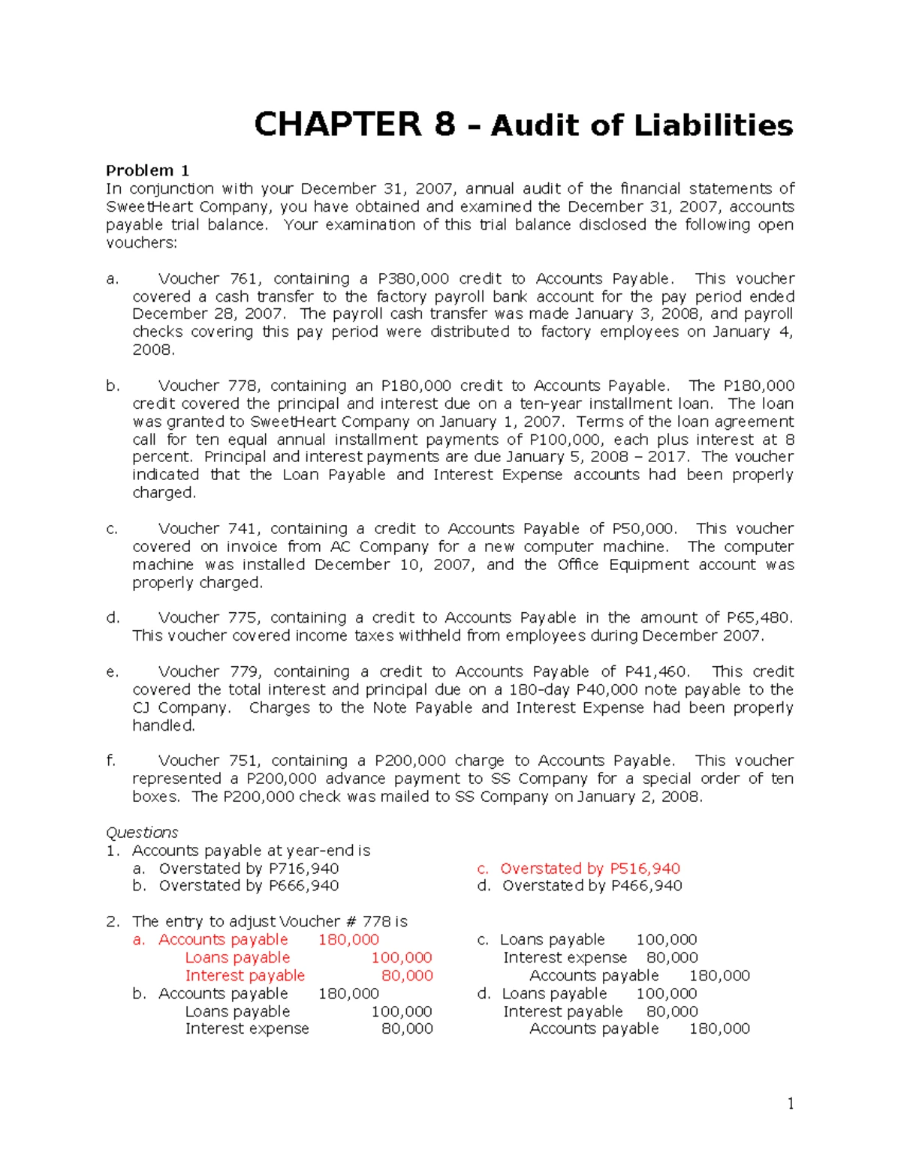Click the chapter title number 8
(x=444, y=124)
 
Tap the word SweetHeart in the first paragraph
(x=143, y=206)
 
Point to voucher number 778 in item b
(x=244, y=386)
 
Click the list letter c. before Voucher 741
(x=112, y=529)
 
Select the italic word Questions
(x=142, y=832)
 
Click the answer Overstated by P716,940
(x=248, y=868)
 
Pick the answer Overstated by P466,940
(x=592, y=886)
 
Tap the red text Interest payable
(x=245, y=975)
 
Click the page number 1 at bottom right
(x=790, y=1103)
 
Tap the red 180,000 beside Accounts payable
(x=348, y=939)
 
